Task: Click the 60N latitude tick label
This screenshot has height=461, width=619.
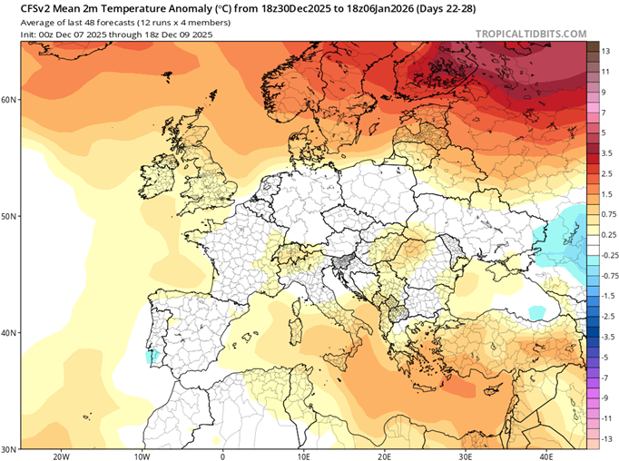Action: coord(9,100)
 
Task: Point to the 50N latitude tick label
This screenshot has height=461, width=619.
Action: coord(9,216)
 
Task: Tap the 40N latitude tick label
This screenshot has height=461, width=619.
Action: coord(9,333)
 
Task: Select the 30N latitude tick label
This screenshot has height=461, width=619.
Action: coord(9,449)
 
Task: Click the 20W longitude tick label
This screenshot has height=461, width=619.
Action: coord(62,456)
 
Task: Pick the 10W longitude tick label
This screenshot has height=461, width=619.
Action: coord(142,456)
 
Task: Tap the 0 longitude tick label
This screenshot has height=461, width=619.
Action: coord(222,456)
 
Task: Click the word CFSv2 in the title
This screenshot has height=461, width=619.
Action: coord(25,6)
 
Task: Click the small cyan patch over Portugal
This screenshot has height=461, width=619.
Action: coord(152,357)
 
